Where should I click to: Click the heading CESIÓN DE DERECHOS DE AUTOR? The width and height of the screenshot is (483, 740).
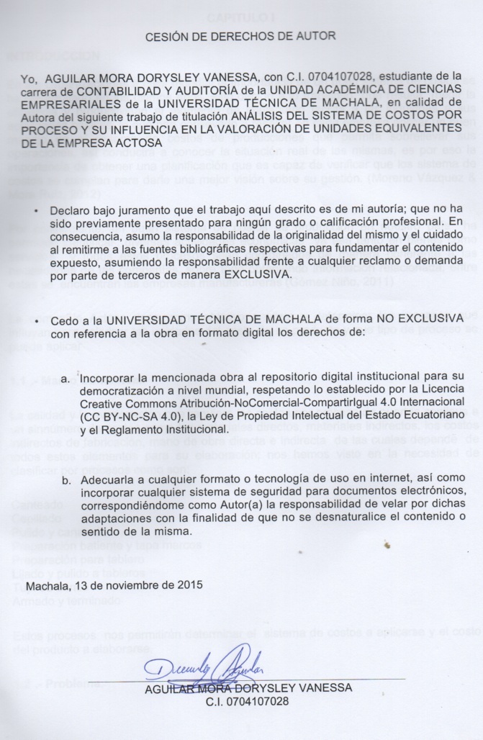(x=241, y=34)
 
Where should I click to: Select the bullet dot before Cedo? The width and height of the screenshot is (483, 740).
(x=37, y=320)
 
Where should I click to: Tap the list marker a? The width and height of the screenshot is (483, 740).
(x=66, y=378)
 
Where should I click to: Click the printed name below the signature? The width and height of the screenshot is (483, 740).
(x=248, y=687)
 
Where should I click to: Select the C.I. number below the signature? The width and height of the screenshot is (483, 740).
(x=247, y=700)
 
